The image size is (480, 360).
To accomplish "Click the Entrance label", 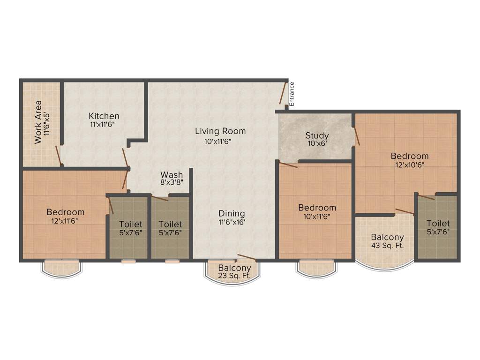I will (x=292, y=94).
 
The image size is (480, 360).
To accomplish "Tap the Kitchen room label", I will (x=104, y=116).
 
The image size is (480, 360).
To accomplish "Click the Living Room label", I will (x=220, y=131).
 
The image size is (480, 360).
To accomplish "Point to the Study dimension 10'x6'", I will (x=317, y=144).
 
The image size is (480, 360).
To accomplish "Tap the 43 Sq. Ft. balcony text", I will (x=387, y=245).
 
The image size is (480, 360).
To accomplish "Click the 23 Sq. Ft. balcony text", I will (x=234, y=276).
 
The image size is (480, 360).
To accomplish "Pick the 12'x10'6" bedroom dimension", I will (x=410, y=165).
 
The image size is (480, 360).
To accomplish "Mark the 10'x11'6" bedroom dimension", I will (x=317, y=216).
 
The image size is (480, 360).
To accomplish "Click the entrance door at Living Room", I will (x=283, y=93).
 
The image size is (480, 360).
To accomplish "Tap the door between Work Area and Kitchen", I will (x=58, y=156).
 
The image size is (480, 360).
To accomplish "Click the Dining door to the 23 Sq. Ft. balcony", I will (x=247, y=257).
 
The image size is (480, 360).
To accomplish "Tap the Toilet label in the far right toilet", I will (x=438, y=224).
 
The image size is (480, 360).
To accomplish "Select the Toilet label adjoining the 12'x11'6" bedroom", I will (x=130, y=225).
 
